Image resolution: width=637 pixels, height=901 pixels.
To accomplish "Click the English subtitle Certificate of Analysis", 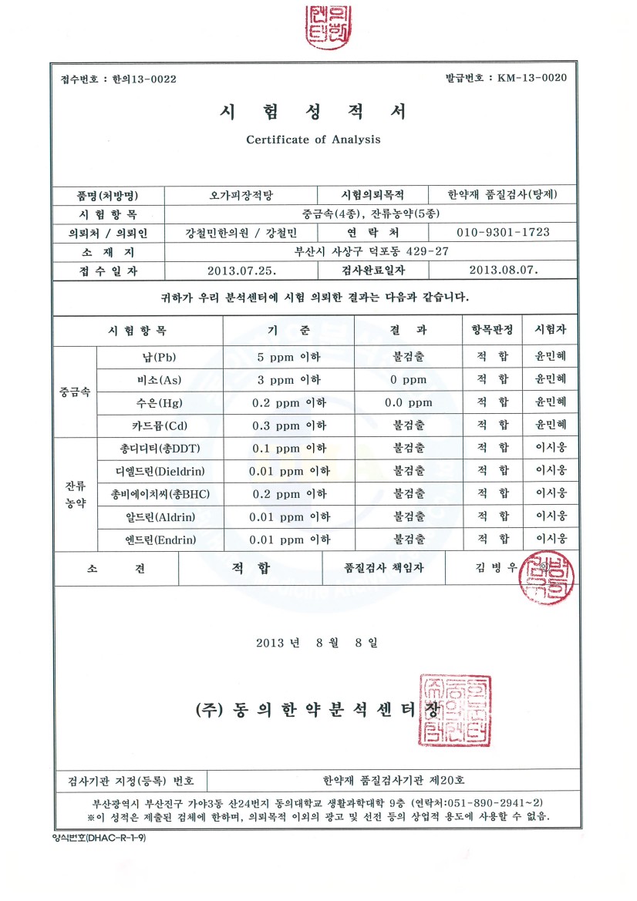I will pos(313,140).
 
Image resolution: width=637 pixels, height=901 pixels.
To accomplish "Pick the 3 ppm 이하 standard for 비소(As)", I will pos(289,380).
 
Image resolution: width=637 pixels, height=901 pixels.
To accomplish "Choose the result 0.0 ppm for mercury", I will pos(408,402).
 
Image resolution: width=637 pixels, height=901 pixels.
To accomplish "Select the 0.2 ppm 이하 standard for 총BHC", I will pos(289,493).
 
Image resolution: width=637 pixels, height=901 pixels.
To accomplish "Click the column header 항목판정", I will pos(492,330).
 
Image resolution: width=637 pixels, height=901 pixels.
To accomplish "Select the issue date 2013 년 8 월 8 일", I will pos(317,642).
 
